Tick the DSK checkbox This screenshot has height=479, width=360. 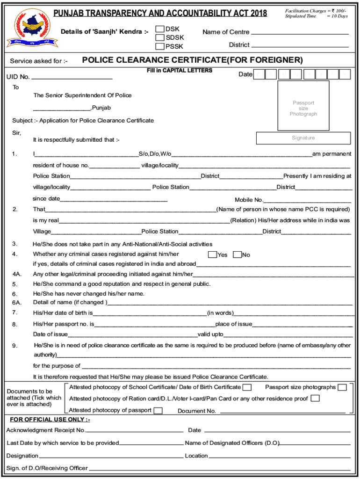pos(160,29)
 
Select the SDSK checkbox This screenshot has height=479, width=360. pos(160,37)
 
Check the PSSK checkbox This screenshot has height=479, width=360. pos(160,46)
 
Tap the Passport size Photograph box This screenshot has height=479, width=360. pos(303,106)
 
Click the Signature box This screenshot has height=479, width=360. pos(303,138)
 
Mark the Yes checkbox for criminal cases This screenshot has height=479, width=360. pos(212,254)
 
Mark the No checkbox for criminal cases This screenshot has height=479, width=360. pos(237,254)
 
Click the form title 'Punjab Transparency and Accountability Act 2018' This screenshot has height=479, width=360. pos(160,13)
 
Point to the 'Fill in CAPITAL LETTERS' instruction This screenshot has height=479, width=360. pos(179,71)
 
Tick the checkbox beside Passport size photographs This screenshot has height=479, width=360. pos(342,387)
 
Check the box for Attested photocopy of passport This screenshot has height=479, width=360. pos(158,411)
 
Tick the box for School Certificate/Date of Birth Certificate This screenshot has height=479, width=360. pos(247,387)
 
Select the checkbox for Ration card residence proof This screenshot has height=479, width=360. pos(315,399)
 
